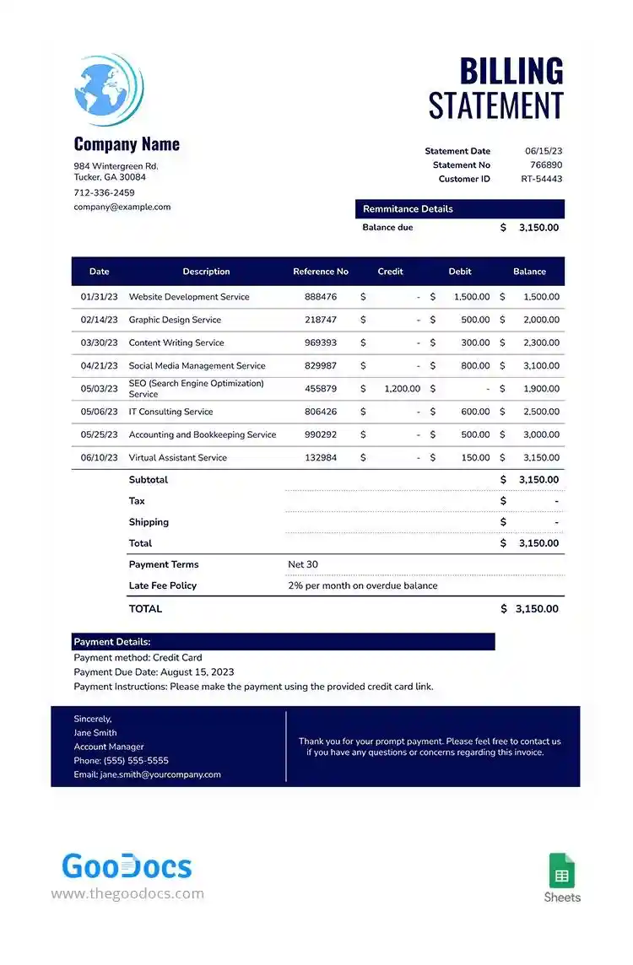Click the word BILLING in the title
coord(511,73)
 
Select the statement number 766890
coord(545,165)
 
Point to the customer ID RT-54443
coord(541,179)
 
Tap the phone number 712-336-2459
coord(104,192)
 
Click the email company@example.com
coord(122,207)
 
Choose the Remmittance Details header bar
coord(459,209)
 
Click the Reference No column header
coord(320,272)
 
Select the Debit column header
coord(460,272)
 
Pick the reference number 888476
coord(320,297)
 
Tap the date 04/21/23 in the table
coord(99,366)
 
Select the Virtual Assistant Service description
coord(177,458)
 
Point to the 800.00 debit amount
coord(475,366)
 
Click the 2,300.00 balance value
coord(540,343)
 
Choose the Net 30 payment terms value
coord(303,564)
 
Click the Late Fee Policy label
coord(162,585)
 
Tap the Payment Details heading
coord(112,642)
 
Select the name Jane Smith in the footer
coord(95,733)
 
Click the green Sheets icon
coord(562,871)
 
